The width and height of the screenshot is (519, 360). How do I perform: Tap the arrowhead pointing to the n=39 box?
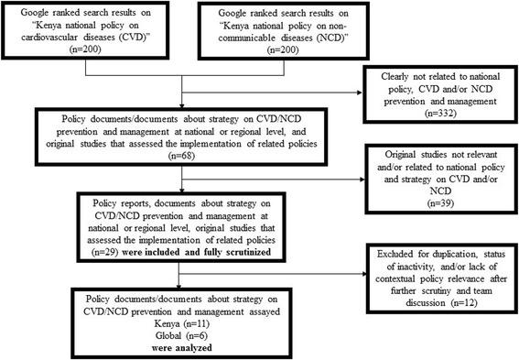click(362, 180)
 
